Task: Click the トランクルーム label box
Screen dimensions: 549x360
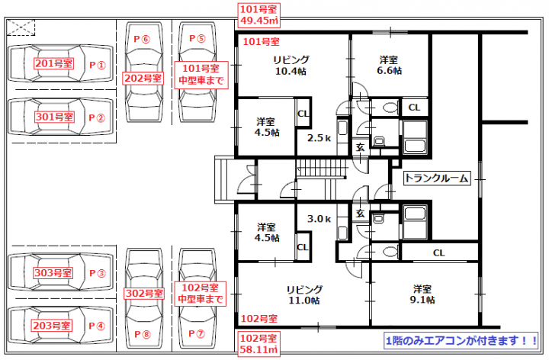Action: tap(437, 178)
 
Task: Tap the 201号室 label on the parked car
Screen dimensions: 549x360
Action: tap(53, 63)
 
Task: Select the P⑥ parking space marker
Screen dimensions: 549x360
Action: tap(142, 39)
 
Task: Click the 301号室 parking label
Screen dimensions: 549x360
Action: tap(54, 117)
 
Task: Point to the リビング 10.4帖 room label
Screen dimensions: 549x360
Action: tap(291, 66)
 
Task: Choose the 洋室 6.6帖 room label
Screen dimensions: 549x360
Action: tap(389, 65)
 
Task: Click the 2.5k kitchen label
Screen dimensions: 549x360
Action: tap(319, 138)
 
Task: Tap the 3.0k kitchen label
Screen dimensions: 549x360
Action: tap(319, 219)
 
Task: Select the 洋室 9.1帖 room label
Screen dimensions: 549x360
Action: tap(422, 294)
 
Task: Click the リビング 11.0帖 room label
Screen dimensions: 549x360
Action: tap(304, 295)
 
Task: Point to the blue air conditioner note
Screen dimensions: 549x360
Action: tap(461, 340)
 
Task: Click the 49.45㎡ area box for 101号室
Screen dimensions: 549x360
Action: tap(259, 15)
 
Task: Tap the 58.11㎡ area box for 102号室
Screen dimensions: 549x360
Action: tap(259, 343)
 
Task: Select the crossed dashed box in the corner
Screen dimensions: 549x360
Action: tap(21, 27)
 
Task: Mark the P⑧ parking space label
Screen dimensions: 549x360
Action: tap(143, 334)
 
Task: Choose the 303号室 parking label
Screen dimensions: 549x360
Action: tap(53, 273)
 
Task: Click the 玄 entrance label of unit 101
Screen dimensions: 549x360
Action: tap(360, 147)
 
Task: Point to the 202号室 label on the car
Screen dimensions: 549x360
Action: tap(143, 78)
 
